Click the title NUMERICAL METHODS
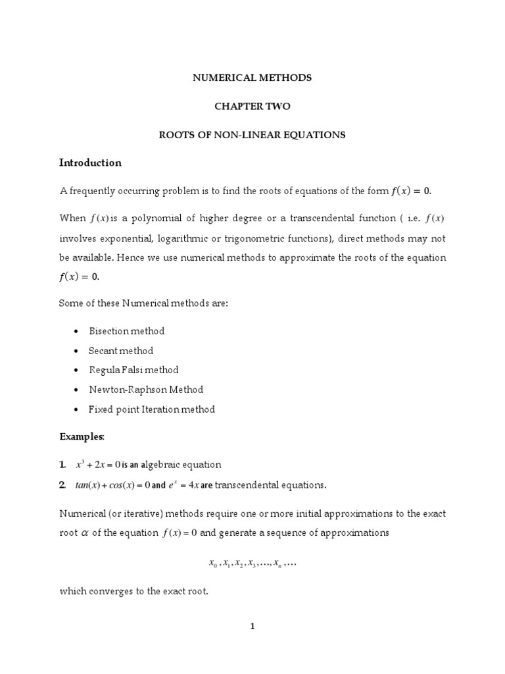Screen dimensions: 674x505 [x=252, y=78]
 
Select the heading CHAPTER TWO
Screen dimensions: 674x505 [x=252, y=106]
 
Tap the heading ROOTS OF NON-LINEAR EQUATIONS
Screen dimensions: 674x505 [x=252, y=135]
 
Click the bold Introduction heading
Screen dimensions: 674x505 [x=90, y=163]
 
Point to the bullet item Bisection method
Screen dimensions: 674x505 [x=126, y=330]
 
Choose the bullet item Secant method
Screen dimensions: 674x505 [x=121, y=350]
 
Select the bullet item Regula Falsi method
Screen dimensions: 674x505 [x=133, y=370]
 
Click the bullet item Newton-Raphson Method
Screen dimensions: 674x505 [x=146, y=390]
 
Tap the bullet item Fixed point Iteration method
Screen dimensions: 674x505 [x=152, y=409]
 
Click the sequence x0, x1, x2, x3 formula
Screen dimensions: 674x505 [x=252, y=564]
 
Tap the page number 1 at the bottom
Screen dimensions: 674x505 [x=252, y=627]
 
